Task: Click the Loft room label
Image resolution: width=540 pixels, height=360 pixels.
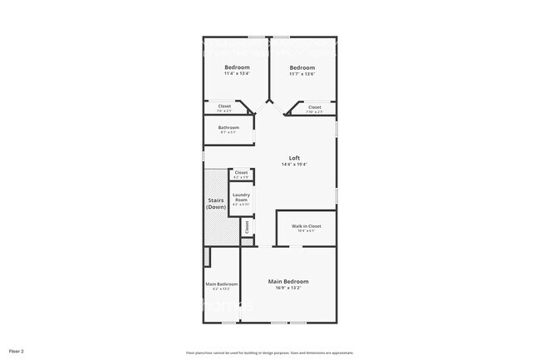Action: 294,158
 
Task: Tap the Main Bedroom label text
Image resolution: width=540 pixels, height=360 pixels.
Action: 288,282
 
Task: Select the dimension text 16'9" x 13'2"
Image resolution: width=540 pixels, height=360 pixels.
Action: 288,288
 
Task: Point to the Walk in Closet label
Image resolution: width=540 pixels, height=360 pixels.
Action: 306,226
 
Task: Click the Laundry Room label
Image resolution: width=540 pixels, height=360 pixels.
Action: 240,198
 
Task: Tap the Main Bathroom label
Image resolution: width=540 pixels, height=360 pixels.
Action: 222,284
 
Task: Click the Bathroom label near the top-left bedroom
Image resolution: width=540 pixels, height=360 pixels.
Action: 228,127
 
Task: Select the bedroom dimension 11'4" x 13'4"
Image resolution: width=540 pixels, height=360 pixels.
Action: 237,73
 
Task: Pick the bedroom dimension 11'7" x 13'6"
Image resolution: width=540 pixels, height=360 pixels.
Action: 302,73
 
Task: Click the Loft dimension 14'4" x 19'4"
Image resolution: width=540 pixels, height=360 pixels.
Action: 294,165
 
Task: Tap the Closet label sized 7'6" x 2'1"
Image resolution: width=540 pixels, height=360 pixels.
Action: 224,106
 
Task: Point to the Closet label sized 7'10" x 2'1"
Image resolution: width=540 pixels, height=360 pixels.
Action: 315,106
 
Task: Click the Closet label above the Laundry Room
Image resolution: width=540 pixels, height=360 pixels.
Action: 241,172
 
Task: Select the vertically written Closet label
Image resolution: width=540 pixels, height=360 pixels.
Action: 247,225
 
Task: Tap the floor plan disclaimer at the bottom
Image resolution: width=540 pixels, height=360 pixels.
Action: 269,352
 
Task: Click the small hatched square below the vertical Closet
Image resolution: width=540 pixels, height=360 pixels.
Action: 246,242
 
